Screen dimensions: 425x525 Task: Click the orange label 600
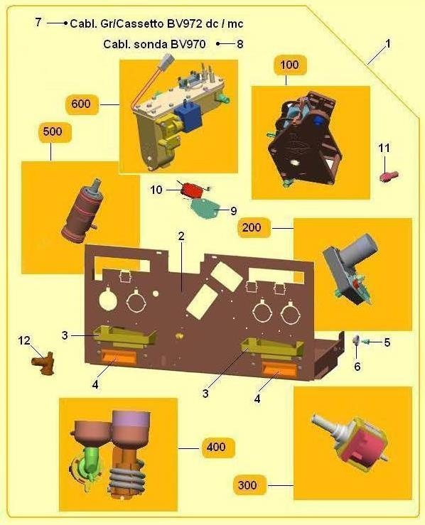pos(82,104)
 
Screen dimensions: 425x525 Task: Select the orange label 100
pos(290,65)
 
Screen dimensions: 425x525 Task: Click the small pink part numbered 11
pos(389,176)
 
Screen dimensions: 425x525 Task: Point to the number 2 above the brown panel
pos(181,237)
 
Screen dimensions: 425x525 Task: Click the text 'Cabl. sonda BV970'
pos(154,44)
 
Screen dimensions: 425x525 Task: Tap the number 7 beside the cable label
pos(38,22)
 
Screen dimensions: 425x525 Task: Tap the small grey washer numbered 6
pos(356,341)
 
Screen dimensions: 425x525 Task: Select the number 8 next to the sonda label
pos(240,44)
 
